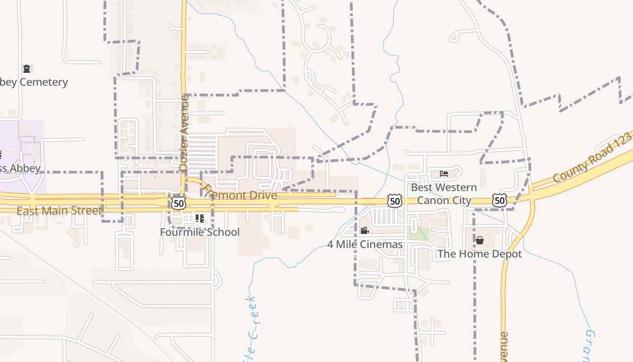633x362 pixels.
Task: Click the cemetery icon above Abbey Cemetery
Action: pos(27,69)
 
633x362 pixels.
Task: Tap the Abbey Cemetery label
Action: pos(34,82)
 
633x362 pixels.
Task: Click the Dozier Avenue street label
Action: pos(184,133)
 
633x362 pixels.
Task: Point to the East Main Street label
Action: pos(59,211)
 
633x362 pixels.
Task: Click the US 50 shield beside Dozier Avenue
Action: pos(179,203)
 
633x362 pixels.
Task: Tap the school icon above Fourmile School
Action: pos(199,219)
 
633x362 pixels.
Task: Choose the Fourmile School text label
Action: pos(200,232)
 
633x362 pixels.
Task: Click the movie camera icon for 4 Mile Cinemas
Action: pos(364,231)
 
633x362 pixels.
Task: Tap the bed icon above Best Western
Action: pos(444,173)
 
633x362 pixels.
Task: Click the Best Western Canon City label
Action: pos(444,194)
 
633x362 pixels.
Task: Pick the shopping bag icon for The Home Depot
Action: pos(480,240)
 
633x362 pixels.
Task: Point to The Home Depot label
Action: pos(479,254)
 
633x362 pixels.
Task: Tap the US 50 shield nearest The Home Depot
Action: pos(500,200)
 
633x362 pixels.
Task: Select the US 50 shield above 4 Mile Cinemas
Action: pos(395,200)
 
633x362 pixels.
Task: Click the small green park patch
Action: pos(417,233)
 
